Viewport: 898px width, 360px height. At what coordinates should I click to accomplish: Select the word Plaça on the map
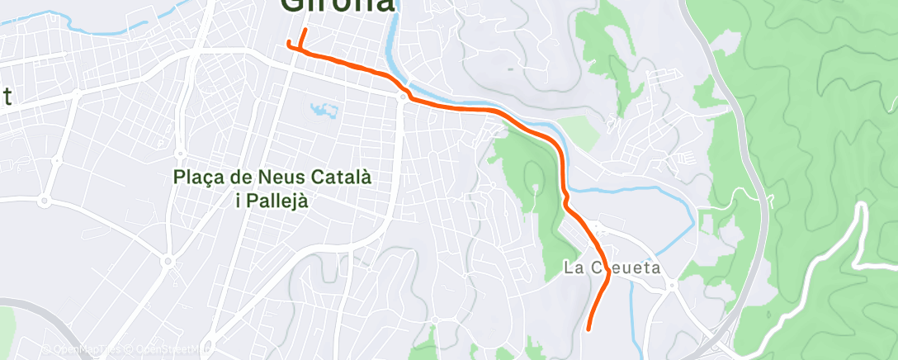coord(196,177)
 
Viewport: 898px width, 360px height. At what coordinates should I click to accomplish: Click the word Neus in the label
coord(282,177)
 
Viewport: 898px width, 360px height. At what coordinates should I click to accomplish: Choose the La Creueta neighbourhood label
coord(611,268)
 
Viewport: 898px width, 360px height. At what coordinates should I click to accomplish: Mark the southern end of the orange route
coord(588,329)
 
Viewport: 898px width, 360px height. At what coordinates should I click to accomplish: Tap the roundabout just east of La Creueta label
coord(673,286)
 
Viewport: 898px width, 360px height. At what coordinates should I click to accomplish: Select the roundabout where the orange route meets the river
coord(402,97)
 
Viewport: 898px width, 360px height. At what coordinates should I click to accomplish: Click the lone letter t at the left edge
coord(7,97)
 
